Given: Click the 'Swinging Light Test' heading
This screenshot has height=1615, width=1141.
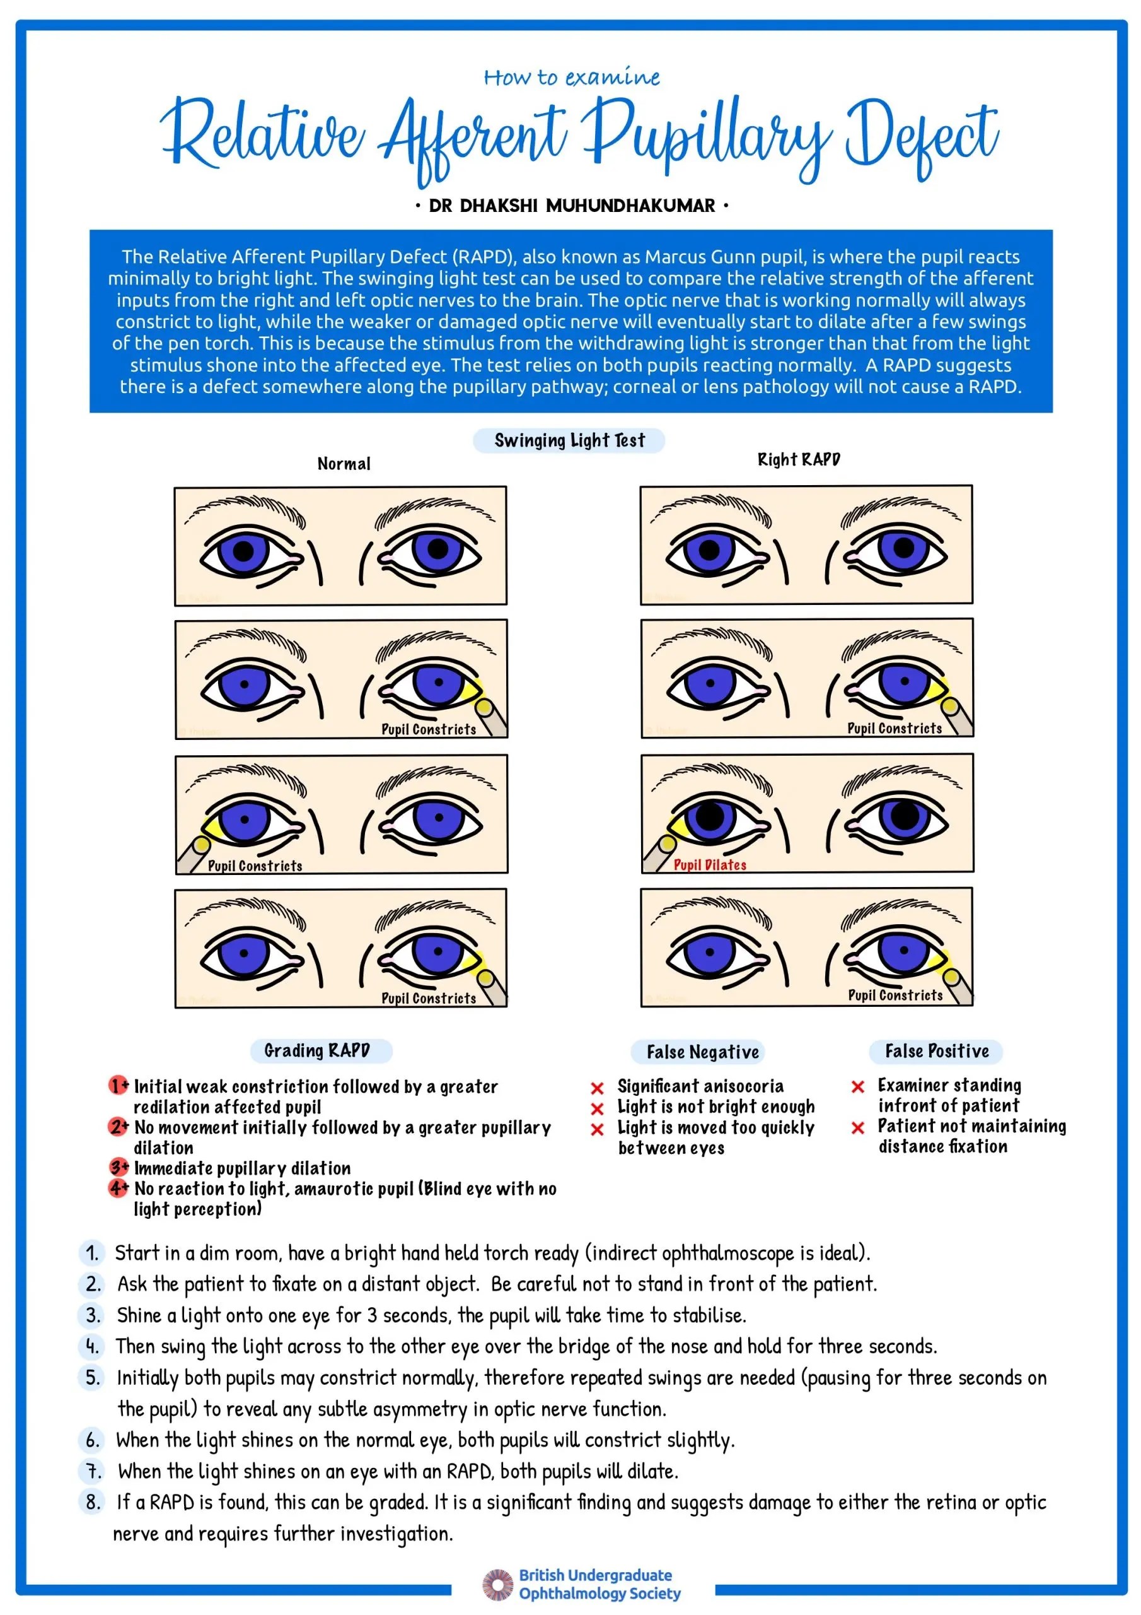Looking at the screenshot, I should point(569,440).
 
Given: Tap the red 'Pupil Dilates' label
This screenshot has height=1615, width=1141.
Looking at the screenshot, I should point(709,864).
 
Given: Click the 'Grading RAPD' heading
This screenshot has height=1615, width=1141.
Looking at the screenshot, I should point(317,1050).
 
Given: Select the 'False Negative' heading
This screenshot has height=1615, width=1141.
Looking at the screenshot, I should point(702,1052).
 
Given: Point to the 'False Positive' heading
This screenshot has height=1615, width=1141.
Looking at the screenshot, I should point(936,1051).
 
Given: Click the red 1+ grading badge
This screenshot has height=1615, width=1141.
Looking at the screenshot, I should point(118,1085).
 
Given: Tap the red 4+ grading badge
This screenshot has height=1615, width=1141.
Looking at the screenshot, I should point(118,1188).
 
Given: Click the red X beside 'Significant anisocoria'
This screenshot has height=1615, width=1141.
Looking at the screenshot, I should point(597,1088).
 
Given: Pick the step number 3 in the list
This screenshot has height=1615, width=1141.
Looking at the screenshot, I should point(93,1315).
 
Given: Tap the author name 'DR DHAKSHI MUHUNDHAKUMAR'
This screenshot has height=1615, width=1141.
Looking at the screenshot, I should point(572,206).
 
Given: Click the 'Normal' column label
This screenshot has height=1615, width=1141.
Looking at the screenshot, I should point(344,464).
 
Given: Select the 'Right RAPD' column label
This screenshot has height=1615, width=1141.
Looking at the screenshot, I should point(799,459).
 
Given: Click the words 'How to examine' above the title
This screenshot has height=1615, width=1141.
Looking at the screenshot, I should point(572,77).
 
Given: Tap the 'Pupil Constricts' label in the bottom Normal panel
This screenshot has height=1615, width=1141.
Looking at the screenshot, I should point(428,998).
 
